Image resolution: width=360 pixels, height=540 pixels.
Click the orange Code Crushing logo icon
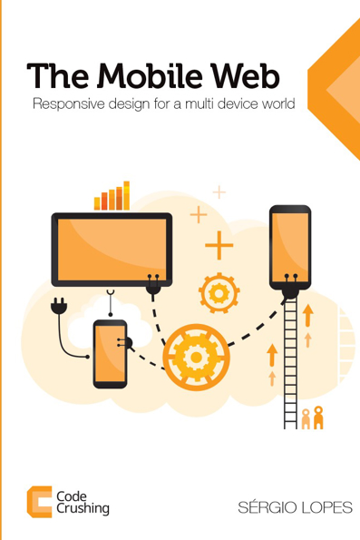(38, 502)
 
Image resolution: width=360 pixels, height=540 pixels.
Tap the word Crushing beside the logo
(83, 509)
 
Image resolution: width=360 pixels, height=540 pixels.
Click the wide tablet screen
(111, 247)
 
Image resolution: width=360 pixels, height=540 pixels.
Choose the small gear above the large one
(219, 292)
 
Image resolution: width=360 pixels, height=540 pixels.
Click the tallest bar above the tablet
(127, 194)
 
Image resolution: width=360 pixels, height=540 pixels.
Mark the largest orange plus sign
(219, 246)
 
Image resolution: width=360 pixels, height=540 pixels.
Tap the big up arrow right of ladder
(308, 315)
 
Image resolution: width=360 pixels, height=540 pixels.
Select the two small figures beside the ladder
(311, 417)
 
